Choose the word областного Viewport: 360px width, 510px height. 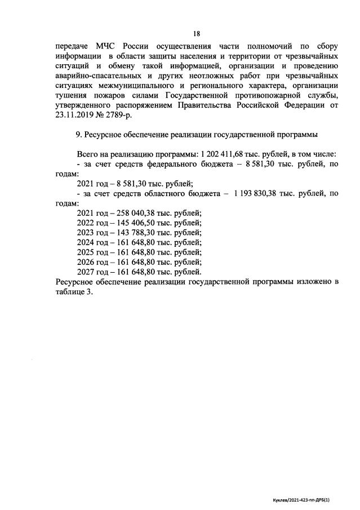tap(167, 193)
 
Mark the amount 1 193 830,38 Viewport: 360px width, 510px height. tap(259, 193)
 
